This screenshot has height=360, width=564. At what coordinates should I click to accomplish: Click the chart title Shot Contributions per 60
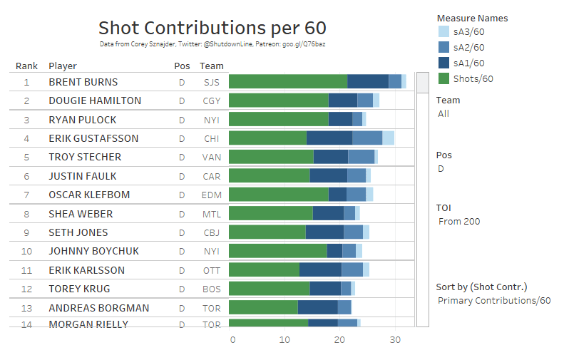(212, 28)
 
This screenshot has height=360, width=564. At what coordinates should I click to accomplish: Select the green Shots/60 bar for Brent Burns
(287, 82)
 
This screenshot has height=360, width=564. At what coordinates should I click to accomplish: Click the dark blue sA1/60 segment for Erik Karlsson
(320, 269)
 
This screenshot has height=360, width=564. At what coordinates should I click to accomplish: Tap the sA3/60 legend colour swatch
(443, 32)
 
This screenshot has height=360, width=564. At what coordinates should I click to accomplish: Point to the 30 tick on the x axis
(394, 340)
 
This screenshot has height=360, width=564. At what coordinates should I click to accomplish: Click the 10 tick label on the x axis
(284, 340)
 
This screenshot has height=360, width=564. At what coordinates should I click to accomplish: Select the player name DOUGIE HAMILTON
(95, 101)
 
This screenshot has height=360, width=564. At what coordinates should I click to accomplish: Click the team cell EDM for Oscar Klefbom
(212, 195)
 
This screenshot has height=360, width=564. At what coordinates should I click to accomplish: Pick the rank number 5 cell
(26, 157)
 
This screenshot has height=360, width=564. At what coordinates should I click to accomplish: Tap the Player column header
(63, 66)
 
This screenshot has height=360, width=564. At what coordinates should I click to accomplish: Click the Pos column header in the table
(182, 66)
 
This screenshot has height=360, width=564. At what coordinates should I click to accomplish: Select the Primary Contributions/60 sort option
(494, 300)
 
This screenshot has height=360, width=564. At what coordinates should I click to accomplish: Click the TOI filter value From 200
(459, 222)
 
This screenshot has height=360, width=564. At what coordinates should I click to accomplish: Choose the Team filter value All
(443, 113)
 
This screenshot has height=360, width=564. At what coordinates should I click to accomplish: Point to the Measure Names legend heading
(472, 18)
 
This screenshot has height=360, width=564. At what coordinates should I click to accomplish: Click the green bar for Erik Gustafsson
(267, 138)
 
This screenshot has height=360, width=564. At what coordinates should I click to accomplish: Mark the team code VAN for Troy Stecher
(212, 157)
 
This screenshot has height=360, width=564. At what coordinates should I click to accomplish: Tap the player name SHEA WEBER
(81, 213)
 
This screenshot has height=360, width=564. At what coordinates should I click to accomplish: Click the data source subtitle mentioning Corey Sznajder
(212, 44)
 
